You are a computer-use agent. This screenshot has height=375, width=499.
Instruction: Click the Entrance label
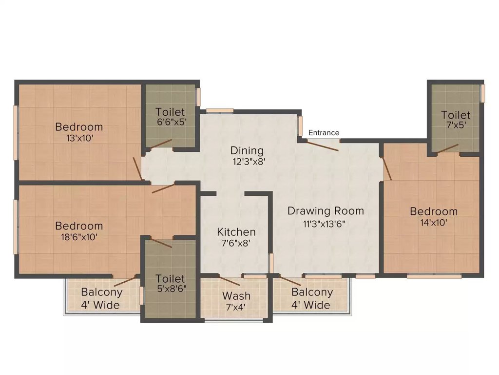(x=324, y=133)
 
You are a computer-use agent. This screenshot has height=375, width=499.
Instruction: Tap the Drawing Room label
(x=326, y=211)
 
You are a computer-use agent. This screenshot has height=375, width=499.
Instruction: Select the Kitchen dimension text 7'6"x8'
(x=235, y=243)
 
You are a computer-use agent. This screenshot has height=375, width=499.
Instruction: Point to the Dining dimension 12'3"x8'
(x=249, y=161)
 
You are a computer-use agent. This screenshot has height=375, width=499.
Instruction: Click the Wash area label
(x=236, y=295)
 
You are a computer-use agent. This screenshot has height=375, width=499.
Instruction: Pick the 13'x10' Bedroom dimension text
(x=79, y=138)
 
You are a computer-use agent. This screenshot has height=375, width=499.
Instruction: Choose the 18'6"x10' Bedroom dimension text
(x=79, y=237)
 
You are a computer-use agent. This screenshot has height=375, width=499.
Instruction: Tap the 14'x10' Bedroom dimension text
(x=434, y=222)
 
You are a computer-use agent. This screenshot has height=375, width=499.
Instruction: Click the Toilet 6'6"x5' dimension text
(x=172, y=122)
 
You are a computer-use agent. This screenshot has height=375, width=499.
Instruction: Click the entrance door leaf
(x=323, y=146)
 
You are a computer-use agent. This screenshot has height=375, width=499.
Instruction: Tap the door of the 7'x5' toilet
(x=448, y=148)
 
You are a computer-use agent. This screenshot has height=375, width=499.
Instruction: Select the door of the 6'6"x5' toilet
(x=161, y=144)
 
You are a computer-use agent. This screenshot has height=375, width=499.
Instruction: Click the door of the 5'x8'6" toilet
(x=161, y=243)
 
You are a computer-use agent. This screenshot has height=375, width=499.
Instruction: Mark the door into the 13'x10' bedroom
(x=137, y=168)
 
